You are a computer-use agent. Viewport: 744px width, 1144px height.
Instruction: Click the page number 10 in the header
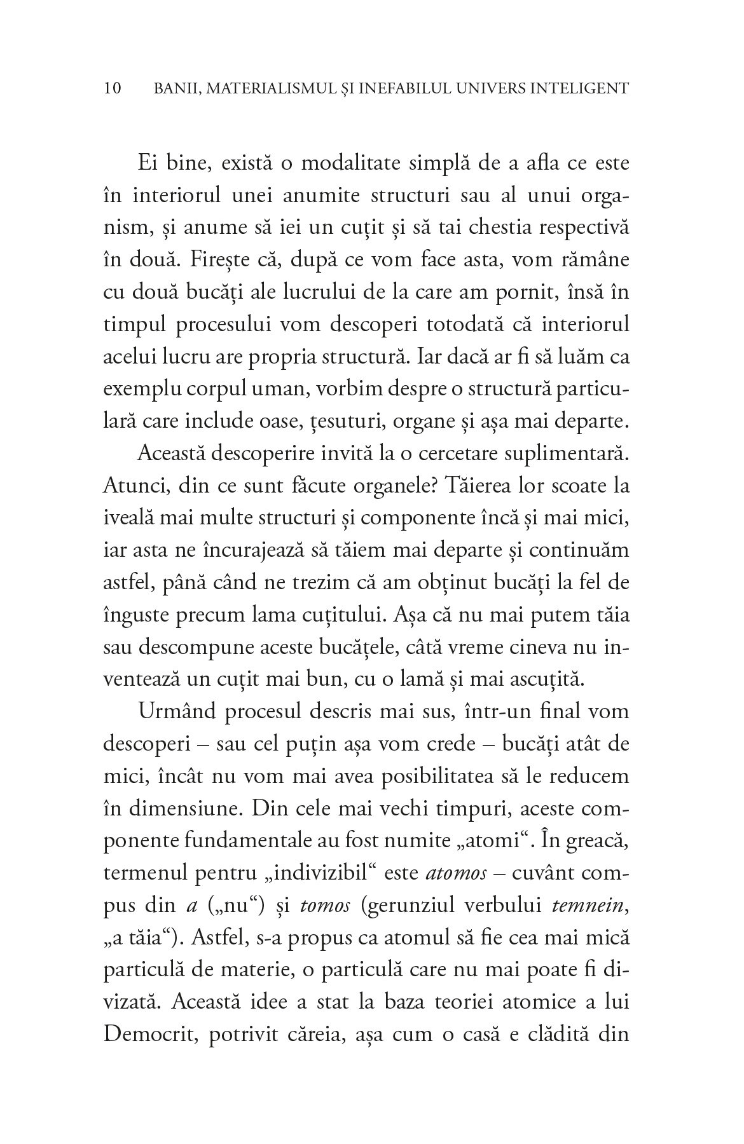coord(112,88)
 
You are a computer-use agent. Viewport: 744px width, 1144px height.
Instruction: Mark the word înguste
coord(136,616)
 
